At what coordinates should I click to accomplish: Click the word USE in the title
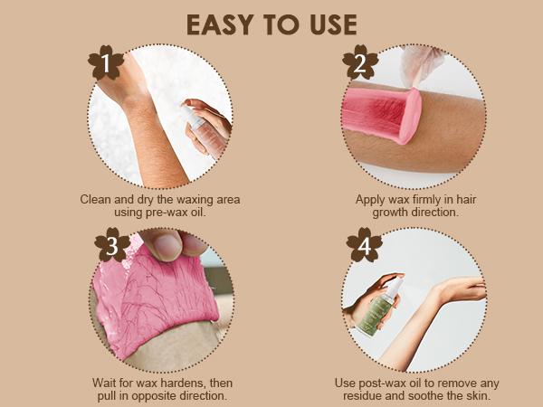333,25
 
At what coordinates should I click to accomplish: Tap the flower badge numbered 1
106,62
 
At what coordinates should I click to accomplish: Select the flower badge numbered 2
360,62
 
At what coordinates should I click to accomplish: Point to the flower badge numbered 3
112,245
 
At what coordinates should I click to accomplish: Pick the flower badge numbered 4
365,245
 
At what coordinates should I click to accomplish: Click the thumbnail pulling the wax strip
167,246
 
